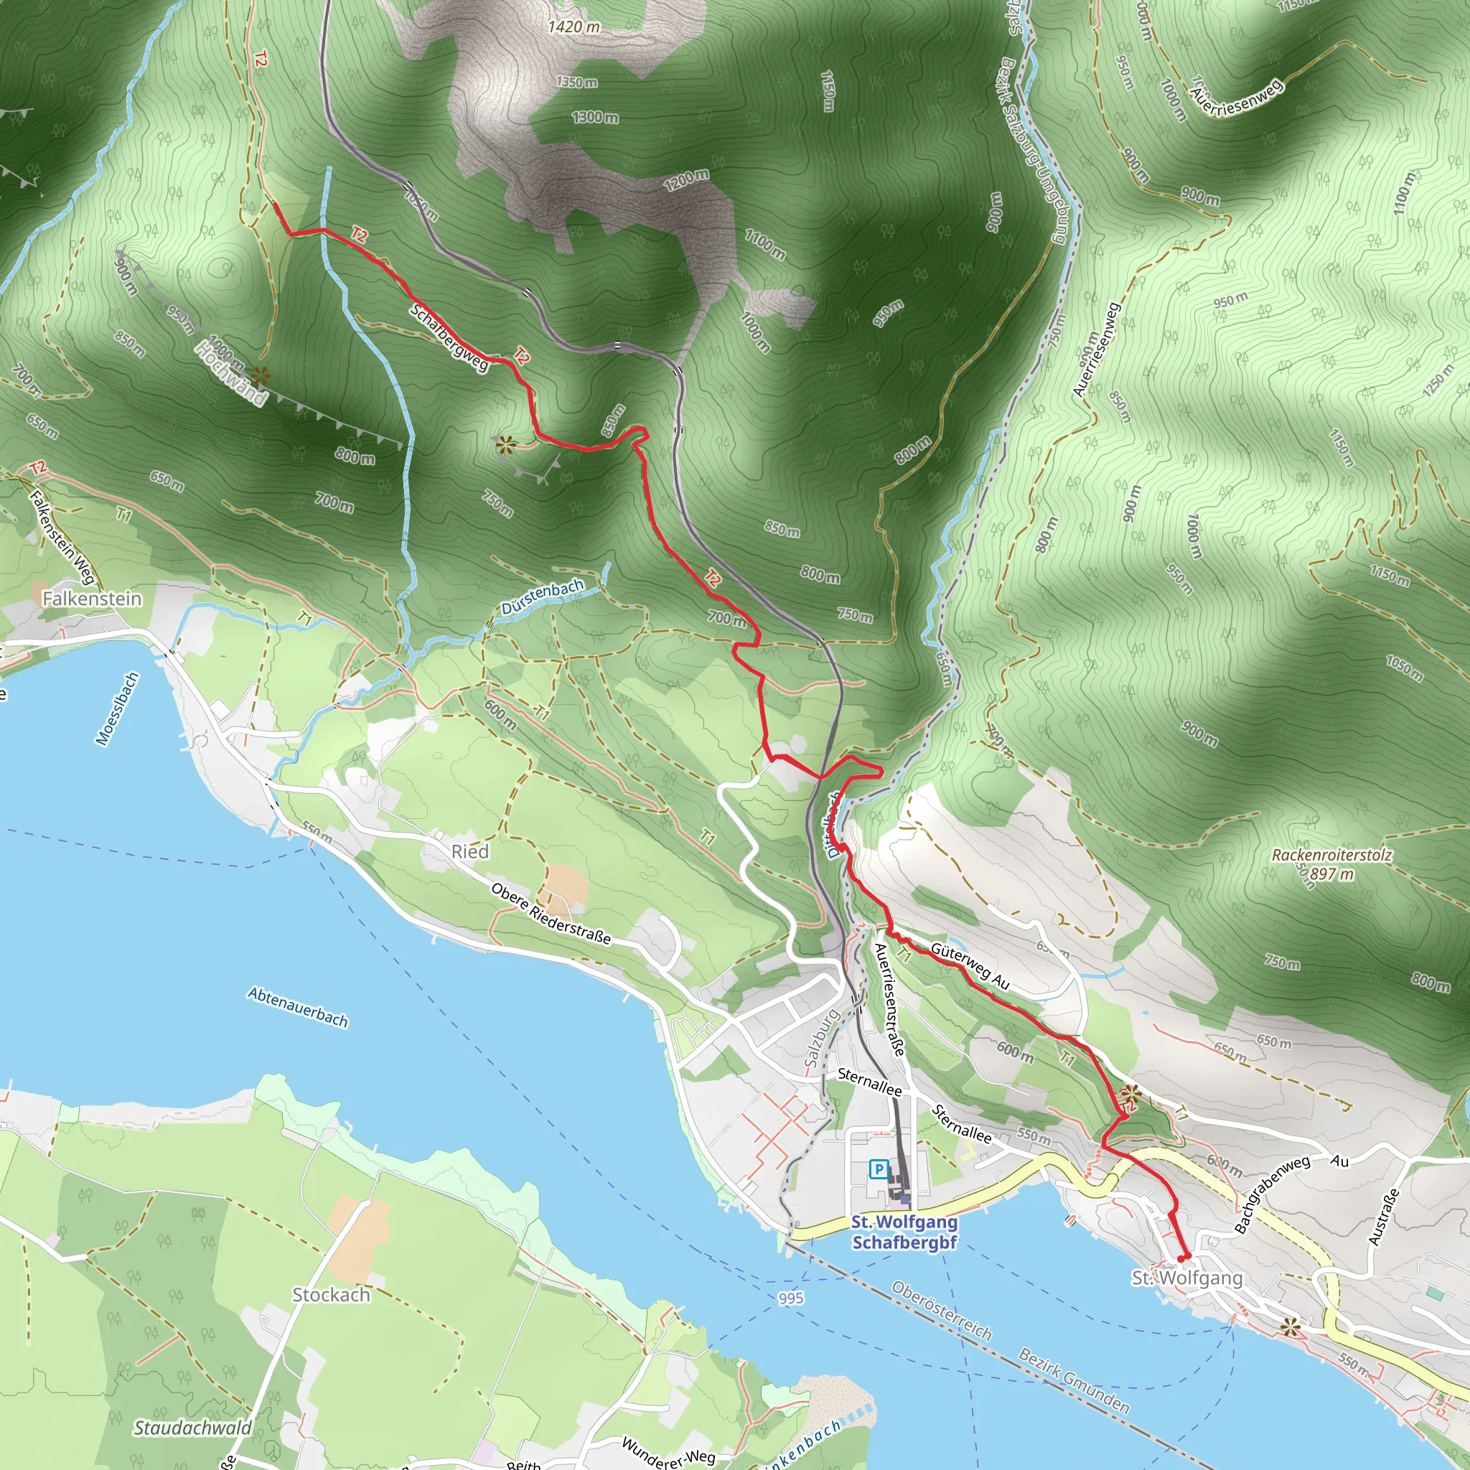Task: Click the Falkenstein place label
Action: pos(91,599)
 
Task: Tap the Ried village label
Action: pos(469,851)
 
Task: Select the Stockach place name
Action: pos(331,1295)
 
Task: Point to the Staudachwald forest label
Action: pos(192,1428)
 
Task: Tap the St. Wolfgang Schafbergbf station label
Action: pos(904,1232)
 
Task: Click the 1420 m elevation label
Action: pos(574,27)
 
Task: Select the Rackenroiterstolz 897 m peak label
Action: pos(1331,864)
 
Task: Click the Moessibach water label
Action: pos(117,708)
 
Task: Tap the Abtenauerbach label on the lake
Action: pos(297,1007)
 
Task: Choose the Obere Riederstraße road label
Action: pos(551,913)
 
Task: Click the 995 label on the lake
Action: pos(790,1298)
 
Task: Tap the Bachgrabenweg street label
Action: pos(1271,1194)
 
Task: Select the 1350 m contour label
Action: pos(576,82)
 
